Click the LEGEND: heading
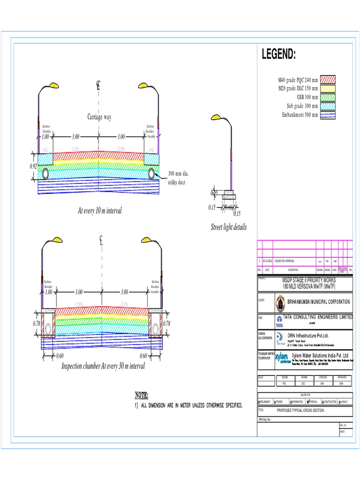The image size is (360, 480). point(278,55)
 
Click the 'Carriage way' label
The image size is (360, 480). point(99,117)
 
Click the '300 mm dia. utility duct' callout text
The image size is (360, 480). point(178,178)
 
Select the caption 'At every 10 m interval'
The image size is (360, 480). point(100,211)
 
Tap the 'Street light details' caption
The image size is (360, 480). point(228,227)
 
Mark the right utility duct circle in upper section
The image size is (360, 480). point(152,174)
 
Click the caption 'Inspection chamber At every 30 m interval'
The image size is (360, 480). point(103,366)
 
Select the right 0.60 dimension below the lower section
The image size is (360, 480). point(143,356)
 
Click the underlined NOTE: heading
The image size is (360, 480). point(142,395)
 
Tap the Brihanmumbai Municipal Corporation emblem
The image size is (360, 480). point(280,303)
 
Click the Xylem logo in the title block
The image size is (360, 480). point(282,357)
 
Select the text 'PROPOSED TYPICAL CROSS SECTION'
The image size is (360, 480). point(307,410)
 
